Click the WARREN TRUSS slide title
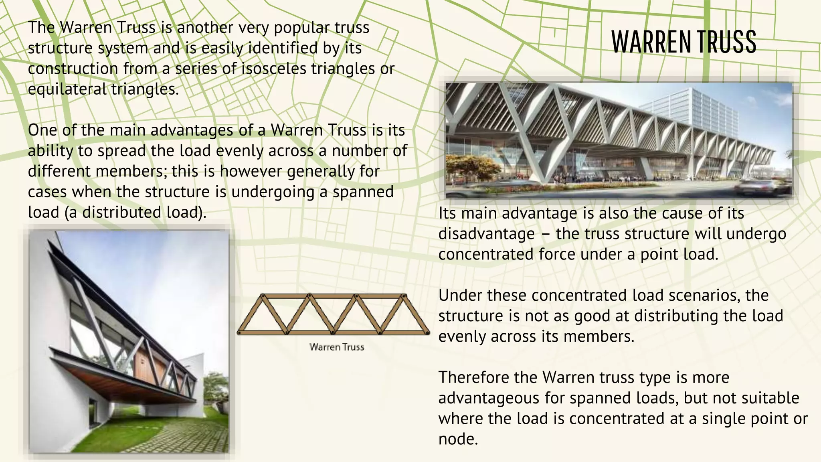coord(683,42)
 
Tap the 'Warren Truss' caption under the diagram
coord(337,347)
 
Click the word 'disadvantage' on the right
coord(486,234)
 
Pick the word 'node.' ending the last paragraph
coord(458,439)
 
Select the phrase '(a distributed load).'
coord(135,212)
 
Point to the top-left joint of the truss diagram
coord(263,296)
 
